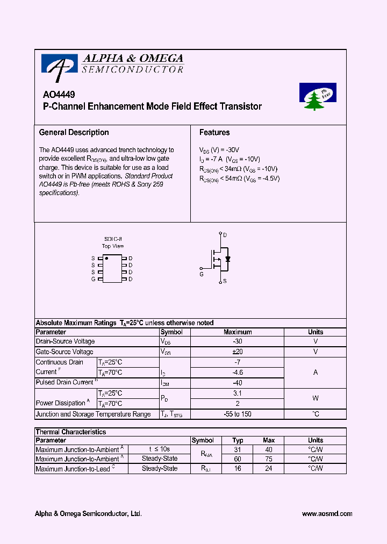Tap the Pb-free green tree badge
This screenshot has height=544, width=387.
tap(317, 97)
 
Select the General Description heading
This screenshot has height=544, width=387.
tap(74, 132)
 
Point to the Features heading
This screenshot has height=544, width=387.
tap(214, 132)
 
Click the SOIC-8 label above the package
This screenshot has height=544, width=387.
tap(113, 239)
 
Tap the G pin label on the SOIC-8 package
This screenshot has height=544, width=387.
tap(93, 279)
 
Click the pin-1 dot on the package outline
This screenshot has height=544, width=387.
tap(106, 259)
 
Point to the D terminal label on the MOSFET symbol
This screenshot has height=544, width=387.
tap(225, 235)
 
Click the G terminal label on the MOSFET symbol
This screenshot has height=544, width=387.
tap(202, 274)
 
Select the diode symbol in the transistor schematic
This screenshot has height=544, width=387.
tap(228, 259)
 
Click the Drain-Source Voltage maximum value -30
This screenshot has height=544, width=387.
tap(238, 341)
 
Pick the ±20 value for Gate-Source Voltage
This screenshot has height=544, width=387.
tap(238, 352)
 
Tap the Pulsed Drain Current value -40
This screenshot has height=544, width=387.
tap(238, 383)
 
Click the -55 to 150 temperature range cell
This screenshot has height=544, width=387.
tap(238, 414)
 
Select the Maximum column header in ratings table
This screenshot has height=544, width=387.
tap(238, 332)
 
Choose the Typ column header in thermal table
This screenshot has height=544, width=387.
tap(238, 440)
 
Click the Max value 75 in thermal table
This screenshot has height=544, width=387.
tap(269, 459)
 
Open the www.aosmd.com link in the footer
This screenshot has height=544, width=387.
tap(327, 514)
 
